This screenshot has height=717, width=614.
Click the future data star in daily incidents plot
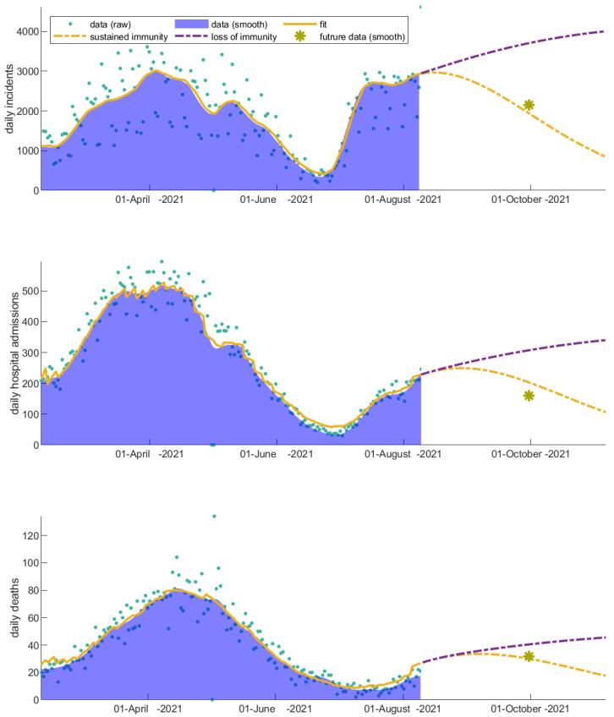coord(529,105)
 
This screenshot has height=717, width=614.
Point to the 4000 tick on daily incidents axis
coord(24,31)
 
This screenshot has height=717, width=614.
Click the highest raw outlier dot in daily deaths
coord(214,516)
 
